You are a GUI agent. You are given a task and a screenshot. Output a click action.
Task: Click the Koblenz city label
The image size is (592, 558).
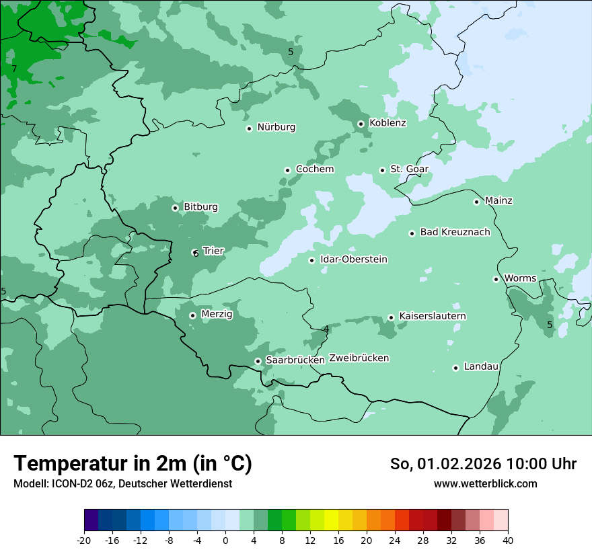click(x=387, y=123)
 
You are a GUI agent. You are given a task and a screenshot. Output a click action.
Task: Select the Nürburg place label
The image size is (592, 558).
click(x=276, y=127)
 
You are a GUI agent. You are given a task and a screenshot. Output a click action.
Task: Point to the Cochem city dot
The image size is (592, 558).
click(x=287, y=170)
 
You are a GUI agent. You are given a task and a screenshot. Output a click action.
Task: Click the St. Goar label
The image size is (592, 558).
click(x=409, y=169)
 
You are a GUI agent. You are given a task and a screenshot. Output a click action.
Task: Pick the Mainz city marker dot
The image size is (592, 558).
click(x=476, y=202)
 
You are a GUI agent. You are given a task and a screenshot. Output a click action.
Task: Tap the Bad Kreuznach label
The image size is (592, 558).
click(x=455, y=232)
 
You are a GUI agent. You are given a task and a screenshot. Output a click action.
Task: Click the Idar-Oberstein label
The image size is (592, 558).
click(x=353, y=260)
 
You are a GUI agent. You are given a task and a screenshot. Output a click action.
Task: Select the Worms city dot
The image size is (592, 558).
click(x=496, y=279)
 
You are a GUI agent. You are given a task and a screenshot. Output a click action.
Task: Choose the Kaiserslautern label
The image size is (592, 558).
click(x=433, y=316)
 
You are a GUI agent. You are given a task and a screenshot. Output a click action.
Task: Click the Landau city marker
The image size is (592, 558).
click(x=455, y=368)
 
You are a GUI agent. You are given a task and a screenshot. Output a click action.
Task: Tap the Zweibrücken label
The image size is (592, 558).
click(x=359, y=358)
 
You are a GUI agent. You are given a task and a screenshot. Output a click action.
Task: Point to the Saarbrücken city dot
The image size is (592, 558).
click(x=258, y=361)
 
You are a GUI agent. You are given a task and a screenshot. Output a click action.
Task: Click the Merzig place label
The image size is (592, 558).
click(x=217, y=314)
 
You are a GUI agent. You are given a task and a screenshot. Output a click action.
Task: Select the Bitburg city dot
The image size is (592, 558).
click(x=175, y=208)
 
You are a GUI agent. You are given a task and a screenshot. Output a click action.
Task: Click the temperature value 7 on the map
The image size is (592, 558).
click(x=14, y=69)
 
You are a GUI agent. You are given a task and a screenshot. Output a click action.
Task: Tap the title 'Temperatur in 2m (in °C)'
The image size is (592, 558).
click(x=133, y=464)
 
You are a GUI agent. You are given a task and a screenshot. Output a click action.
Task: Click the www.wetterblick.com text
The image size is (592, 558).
click(x=485, y=484)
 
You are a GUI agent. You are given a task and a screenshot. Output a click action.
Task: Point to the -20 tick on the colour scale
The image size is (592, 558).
click(x=84, y=541)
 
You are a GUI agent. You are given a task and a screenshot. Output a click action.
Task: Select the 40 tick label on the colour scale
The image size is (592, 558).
click(x=508, y=541)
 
